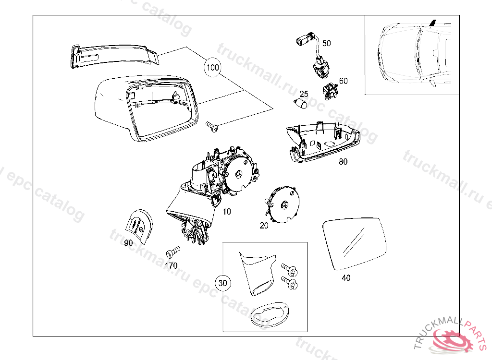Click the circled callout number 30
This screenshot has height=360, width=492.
[x=222, y=283]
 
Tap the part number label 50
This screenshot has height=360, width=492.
[x=327, y=43]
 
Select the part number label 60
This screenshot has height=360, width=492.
[x=343, y=81]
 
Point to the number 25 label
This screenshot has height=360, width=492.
[x=304, y=94]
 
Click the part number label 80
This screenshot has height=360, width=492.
[x=343, y=162]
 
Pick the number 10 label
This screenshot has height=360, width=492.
[x=227, y=211]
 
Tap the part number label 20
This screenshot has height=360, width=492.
[x=264, y=226]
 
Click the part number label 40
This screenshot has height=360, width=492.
[x=346, y=277]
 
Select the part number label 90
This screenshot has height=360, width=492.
[x=128, y=243]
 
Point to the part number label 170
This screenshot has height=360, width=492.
[x=171, y=265]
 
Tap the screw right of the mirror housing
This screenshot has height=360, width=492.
[x=212, y=126]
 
